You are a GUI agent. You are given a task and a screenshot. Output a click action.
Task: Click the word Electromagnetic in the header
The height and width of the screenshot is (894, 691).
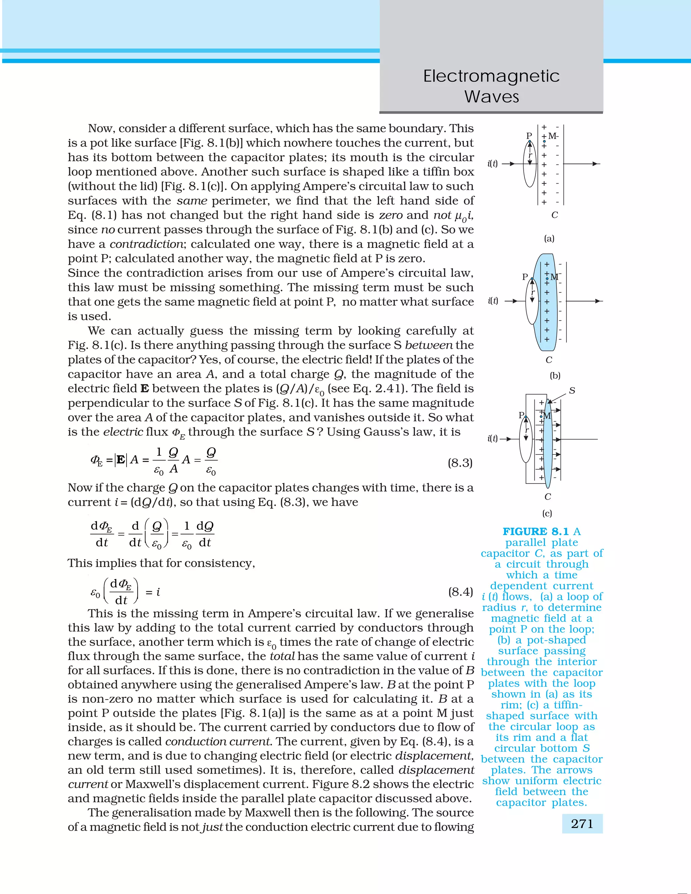point(491,76)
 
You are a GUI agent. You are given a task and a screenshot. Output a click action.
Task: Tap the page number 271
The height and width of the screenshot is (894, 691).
point(582,823)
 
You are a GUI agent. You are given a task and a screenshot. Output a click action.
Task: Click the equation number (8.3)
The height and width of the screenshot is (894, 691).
point(460,463)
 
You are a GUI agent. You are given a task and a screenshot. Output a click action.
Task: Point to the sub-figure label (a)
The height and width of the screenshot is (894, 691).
point(549,238)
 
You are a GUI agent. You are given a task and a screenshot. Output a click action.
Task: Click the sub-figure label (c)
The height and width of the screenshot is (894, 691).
point(547,513)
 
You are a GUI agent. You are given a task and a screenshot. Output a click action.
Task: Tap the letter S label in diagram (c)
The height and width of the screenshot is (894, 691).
point(572,391)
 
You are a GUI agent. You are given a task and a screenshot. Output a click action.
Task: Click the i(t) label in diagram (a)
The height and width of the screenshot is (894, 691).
point(493,164)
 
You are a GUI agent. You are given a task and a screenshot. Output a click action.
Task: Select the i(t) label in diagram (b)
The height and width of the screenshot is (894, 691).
point(493,301)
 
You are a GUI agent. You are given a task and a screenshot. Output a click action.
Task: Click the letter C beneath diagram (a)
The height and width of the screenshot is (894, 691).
point(554,215)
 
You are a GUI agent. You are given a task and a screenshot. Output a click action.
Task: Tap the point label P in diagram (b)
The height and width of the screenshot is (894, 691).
point(525,277)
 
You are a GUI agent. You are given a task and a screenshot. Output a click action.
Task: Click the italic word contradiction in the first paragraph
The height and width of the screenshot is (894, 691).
point(146,244)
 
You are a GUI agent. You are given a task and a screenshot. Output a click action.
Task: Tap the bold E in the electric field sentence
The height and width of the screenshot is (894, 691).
point(144,388)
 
